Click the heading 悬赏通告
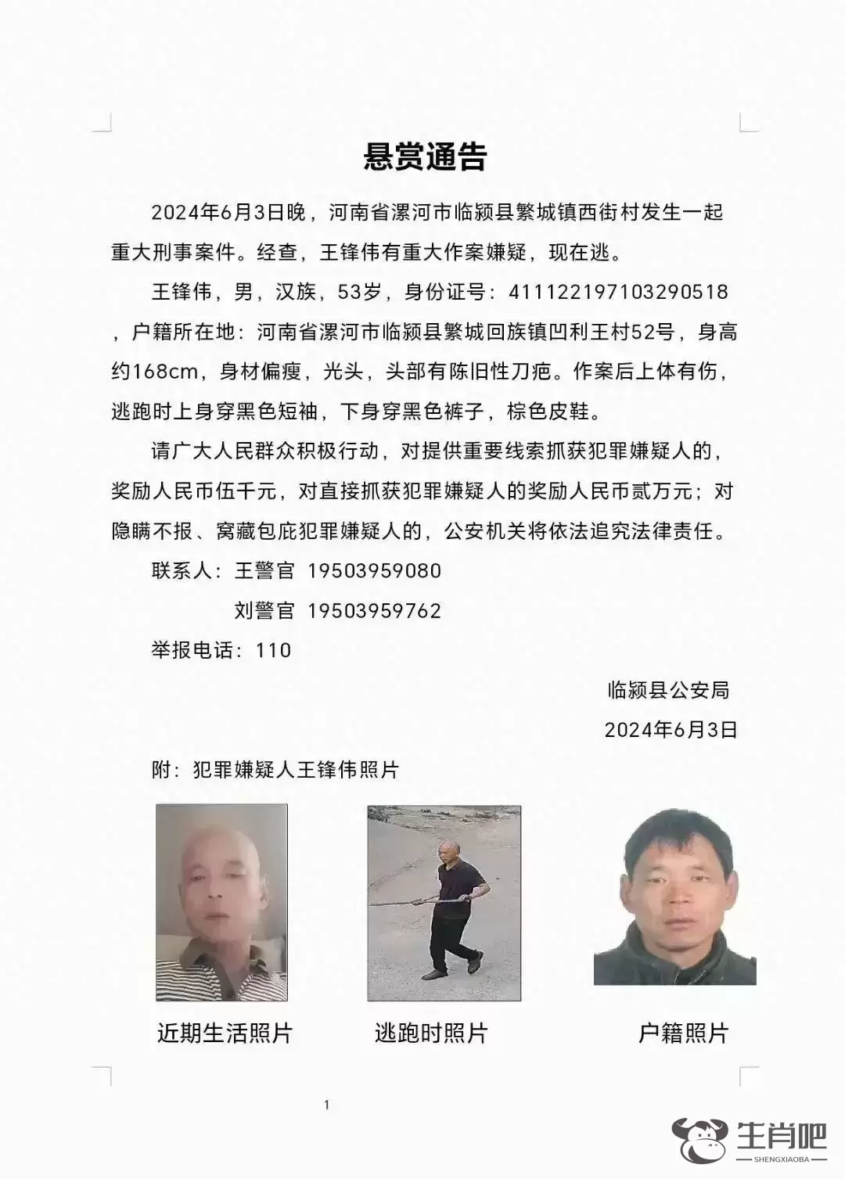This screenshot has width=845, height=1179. point(425,157)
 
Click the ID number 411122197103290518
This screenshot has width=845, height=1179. point(618,293)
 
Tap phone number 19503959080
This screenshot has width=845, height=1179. point(375,571)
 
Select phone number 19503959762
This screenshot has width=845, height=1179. point(375,611)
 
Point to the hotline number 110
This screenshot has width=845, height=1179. point(273,650)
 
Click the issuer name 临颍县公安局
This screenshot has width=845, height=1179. point(669,690)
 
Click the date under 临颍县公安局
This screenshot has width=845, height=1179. point(671,730)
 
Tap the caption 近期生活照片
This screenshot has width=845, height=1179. point(225,1033)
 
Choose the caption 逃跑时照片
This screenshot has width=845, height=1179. point(431,1033)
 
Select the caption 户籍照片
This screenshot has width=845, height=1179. point(684,1033)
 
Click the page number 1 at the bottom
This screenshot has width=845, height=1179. point(326,1105)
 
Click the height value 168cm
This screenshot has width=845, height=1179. point(165,372)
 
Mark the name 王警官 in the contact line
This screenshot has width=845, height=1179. point(264,571)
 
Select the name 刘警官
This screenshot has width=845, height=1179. point(264,611)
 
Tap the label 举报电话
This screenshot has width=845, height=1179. point(191,650)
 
